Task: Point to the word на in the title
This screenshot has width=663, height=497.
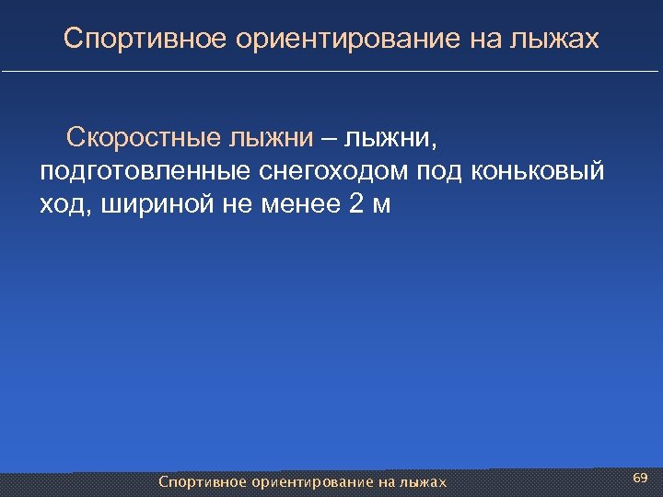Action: click(x=490, y=40)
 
